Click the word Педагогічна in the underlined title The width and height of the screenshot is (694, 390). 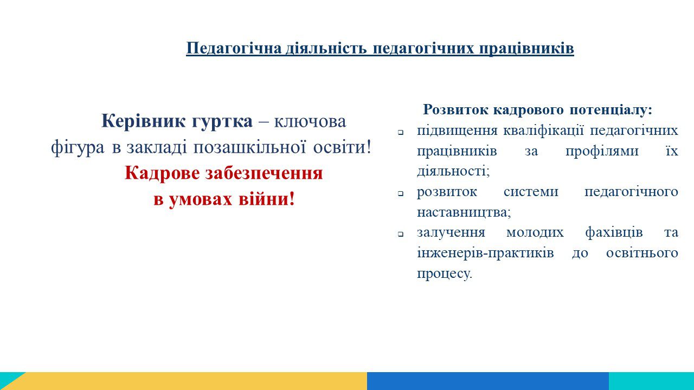point(234,49)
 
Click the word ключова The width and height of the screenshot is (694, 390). point(310,121)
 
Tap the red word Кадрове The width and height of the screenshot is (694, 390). point(162,173)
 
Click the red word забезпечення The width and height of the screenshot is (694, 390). point(264,173)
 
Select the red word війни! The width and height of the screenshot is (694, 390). point(267,199)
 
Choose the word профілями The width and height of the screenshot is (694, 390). point(602,151)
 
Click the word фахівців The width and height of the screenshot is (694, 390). point(614,232)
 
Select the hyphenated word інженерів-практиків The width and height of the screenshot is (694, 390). point(485,253)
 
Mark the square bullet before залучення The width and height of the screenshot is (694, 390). point(401,235)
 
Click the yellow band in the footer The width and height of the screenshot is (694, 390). point(192,381)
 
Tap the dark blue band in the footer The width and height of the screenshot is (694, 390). point(488,381)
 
